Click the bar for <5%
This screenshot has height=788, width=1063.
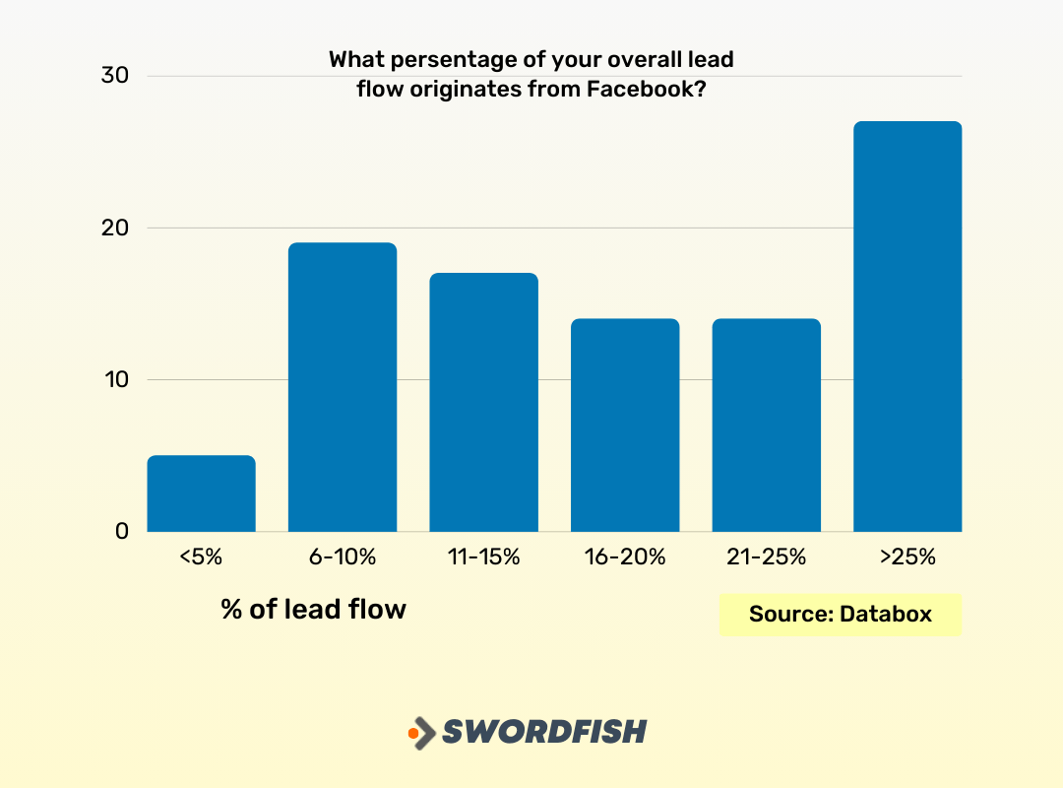pos(201,493)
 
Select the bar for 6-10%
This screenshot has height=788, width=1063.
pos(343,387)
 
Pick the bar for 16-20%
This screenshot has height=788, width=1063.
pos(625,425)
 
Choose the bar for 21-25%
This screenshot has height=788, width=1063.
pos(766,425)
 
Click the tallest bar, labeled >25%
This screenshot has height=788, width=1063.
pos(907,326)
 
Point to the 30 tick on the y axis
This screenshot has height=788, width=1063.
pos(115,76)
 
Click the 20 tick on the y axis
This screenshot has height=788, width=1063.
pos(115,228)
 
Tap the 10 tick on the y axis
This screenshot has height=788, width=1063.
pos(115,379)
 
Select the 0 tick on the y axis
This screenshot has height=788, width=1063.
pos(122,531)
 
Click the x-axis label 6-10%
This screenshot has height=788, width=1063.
pos(343,557)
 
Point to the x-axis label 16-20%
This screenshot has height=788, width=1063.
pos(625,557)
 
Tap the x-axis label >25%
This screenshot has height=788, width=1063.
pos(907,557)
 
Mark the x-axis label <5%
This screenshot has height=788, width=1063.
pos(201,557)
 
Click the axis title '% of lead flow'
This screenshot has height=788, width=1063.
pos(313,609)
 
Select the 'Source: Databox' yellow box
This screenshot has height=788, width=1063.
pos(840,614)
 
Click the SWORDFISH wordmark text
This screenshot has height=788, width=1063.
pos(543,732)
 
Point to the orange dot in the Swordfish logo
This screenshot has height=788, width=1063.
pos(413,733)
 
